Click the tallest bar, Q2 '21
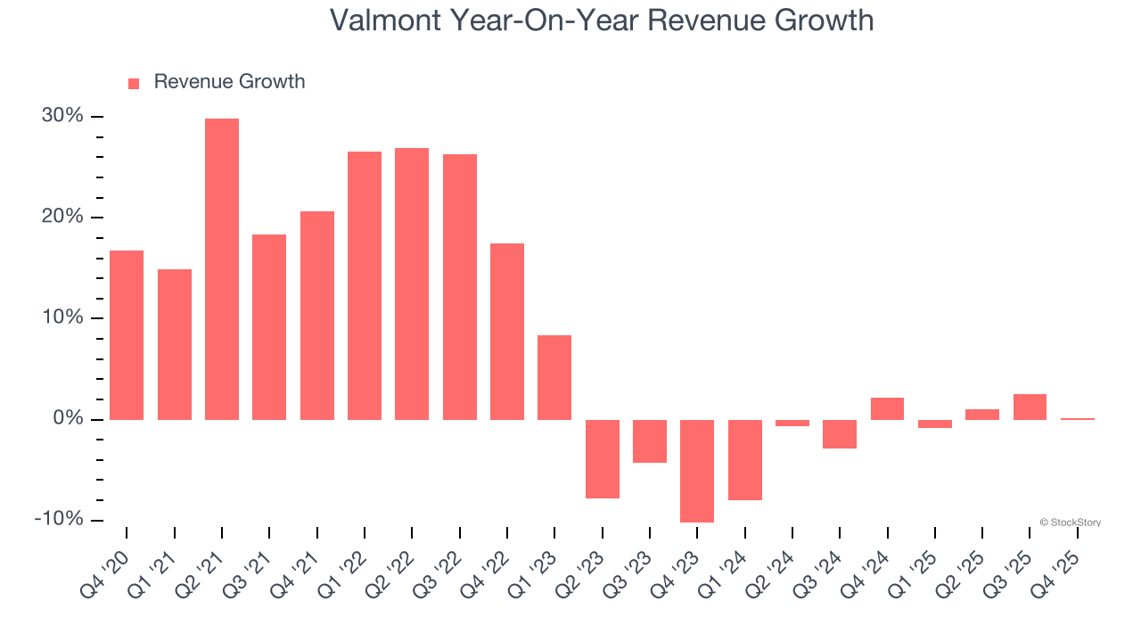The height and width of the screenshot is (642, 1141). [x=222, y=269]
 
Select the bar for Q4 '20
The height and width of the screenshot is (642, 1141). [x=127, y=335]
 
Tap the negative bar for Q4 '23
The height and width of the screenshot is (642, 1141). [x=697, y=471]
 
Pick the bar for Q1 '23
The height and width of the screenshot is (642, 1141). [x=554, y=377]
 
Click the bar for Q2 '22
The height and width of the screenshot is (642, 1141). [x=412, y=284]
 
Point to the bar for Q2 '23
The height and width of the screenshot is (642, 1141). [x=603, y=458]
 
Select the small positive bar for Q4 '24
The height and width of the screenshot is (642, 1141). [x=887, y=408]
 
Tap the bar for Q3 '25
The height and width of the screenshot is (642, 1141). [x=1030, y=407]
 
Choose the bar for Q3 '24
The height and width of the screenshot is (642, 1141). [x=840, y=433]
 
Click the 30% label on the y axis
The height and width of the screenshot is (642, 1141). [x=62, y=117]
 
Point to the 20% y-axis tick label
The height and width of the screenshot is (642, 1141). [x=62, y=218]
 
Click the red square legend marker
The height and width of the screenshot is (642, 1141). [x=134, y=84]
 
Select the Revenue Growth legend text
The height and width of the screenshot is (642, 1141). [x=229, y=82]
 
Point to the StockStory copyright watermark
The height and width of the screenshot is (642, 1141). [x=1070, y=523]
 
